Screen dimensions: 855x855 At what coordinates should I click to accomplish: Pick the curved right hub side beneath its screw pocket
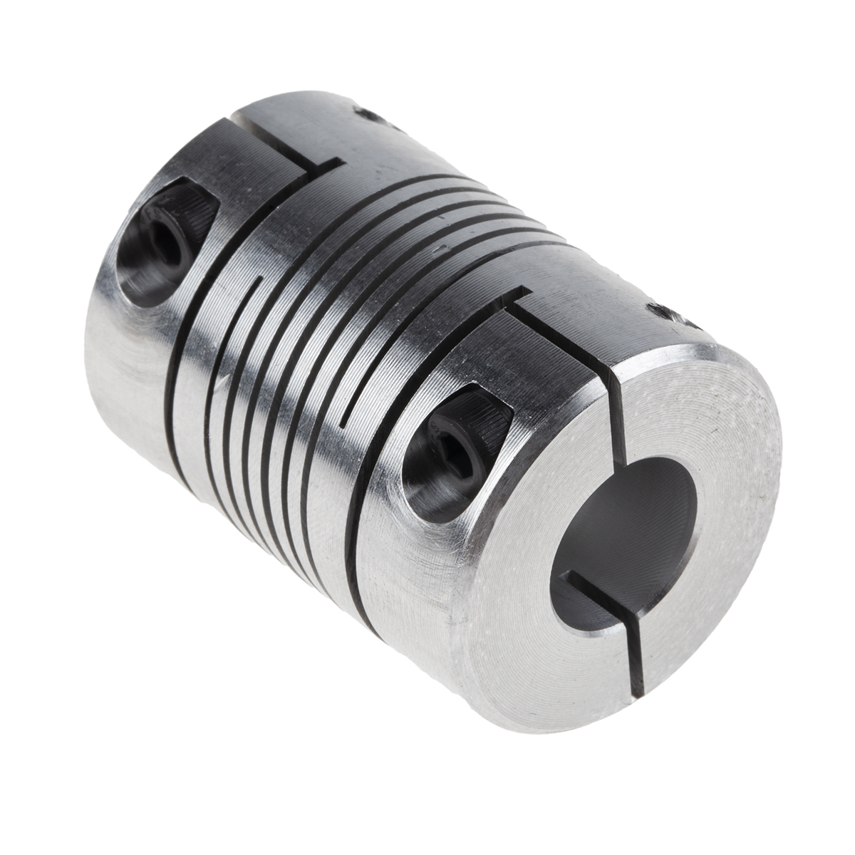point(442,606)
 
